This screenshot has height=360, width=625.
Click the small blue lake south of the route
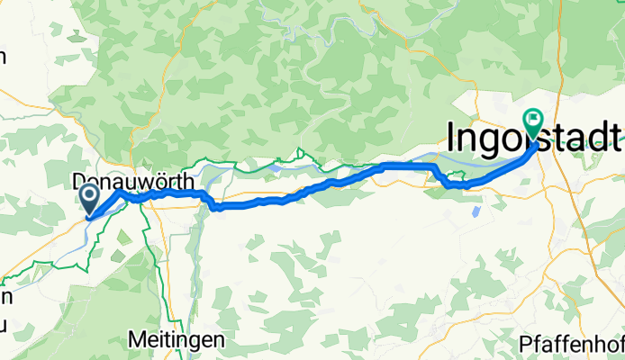[x=475, y=213]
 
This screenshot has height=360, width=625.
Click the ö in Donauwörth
[x=160, y=180]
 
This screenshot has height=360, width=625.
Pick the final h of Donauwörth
[x=187, y=180]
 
